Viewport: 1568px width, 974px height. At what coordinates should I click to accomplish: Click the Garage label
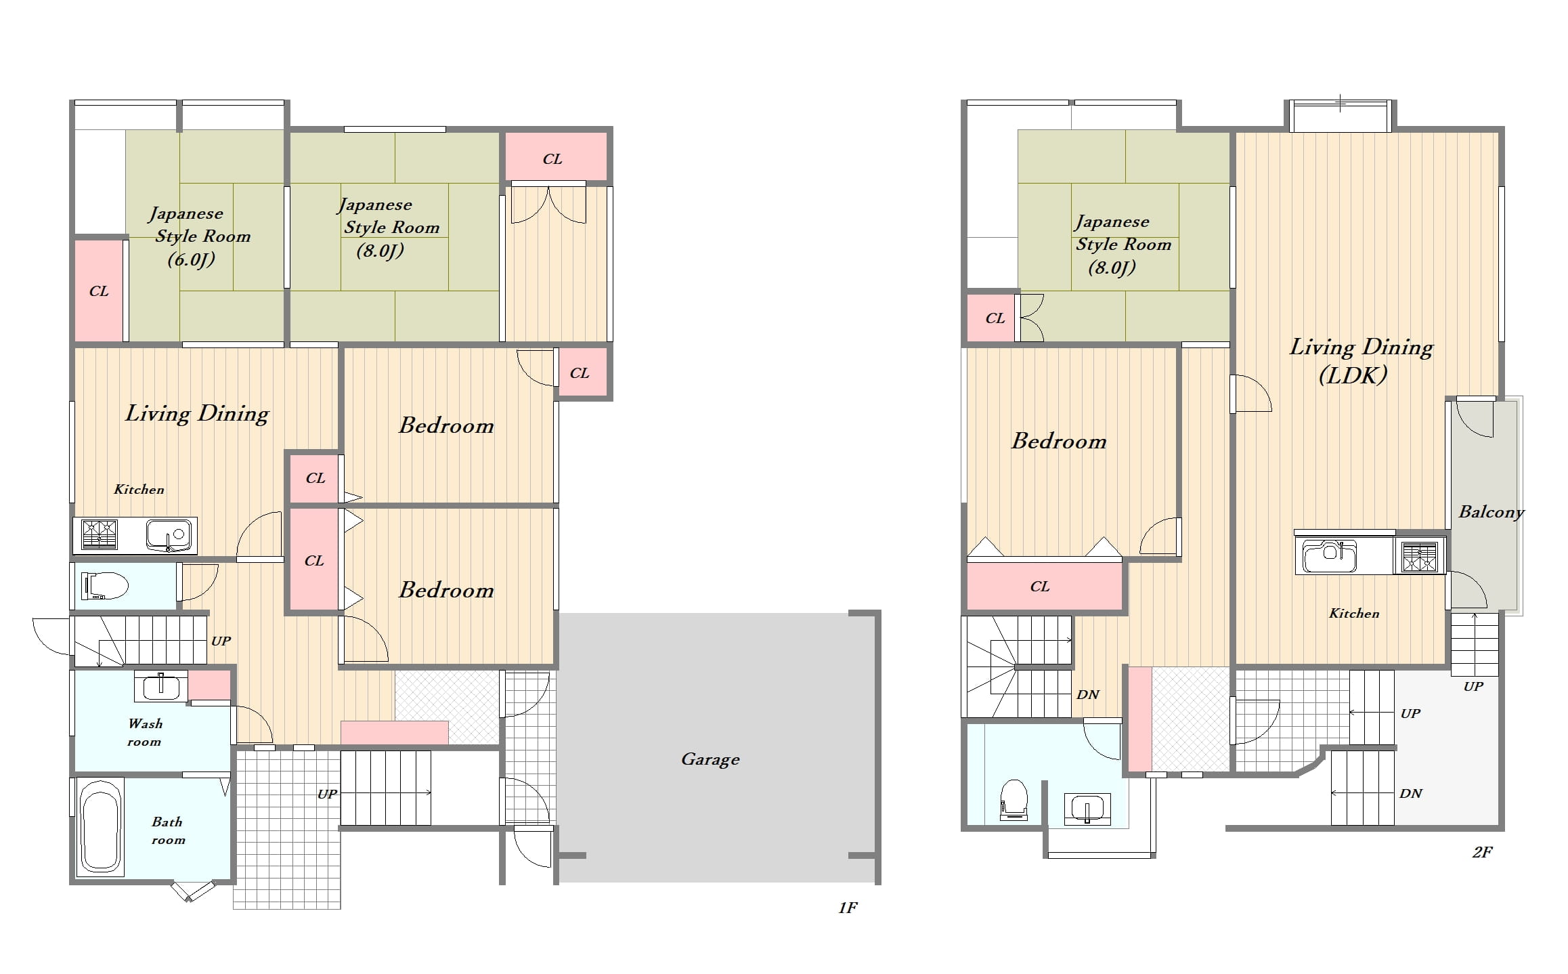[x=710, y=759]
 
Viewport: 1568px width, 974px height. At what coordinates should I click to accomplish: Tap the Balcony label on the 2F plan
[x=1491, y=512]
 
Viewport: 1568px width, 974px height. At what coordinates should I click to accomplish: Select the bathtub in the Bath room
[x=101, y=826]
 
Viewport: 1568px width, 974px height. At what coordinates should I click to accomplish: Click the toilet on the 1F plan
[x=104, y=586]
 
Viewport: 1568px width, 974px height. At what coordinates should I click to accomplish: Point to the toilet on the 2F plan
[x=1014, y=800]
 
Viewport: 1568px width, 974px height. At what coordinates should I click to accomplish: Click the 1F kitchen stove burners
[x=100, y=535]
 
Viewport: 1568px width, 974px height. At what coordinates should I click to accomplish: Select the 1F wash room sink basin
[x=160, y=687]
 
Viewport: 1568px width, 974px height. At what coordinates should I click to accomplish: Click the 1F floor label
[x=848, y=908]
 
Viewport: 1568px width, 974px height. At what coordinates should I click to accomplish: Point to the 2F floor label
[x=1482, y=852]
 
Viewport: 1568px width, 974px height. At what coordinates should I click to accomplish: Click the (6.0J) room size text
[x=191, y=259]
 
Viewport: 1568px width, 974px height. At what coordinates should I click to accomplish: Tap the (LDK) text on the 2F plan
[x=1353, y=375]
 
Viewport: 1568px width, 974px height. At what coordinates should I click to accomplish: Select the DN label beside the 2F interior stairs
[x=1088, y=695]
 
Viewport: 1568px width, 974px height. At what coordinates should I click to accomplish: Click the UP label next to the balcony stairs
[x=1473, y=686]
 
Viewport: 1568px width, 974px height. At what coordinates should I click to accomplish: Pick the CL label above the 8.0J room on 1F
[x=552, y=159]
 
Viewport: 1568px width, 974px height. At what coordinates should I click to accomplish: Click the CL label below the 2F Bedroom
[x=1039, y=587]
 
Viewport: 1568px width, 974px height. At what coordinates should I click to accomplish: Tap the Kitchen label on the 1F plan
[x=139, y=489]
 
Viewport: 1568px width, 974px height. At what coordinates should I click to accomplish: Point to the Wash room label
[x=145, y=732]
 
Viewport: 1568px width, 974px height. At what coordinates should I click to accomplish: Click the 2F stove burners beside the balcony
[x=1420, y=557]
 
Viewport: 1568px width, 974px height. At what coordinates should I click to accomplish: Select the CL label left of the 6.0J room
[x=99, y=291]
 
